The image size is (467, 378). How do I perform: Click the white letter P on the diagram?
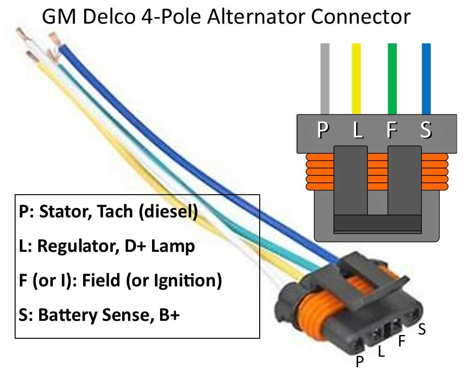pos(324,130)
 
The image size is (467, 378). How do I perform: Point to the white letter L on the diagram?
pos(358,130)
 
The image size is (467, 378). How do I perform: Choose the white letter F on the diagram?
pos(391,130)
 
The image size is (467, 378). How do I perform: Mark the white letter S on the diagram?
pos(425,130)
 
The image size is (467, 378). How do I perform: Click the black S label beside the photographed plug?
pos(422,329)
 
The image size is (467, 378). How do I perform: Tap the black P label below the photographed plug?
pos(360,362)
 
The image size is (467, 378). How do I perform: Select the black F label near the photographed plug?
pos(402,340)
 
